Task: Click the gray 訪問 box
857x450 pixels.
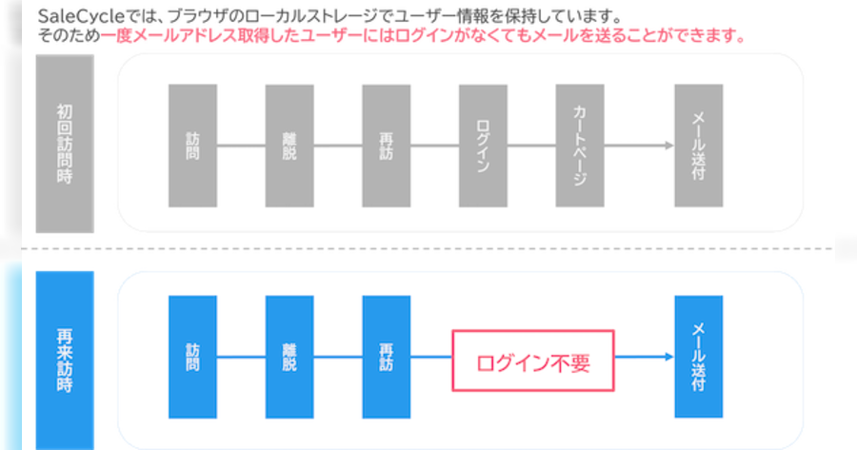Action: [192, 145]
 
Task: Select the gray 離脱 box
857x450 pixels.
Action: [289, 145]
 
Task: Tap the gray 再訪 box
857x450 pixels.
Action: [386, 145]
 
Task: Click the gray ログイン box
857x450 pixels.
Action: [483, 145]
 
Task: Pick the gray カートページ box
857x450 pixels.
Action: [580, 145]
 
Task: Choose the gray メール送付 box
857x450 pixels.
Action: [698, 145]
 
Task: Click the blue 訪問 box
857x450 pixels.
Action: [192, 357]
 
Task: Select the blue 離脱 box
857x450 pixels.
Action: [289, 357]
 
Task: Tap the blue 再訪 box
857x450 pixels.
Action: [386, 357]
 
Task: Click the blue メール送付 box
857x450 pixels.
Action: [698, 357]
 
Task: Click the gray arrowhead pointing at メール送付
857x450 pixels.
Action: [668, 146]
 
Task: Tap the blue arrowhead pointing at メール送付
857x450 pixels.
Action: [668, 358]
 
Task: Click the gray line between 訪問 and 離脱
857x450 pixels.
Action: [241, 146]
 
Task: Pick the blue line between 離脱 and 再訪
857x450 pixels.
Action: [338, 358]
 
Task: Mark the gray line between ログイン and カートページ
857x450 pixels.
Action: [531, 146]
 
